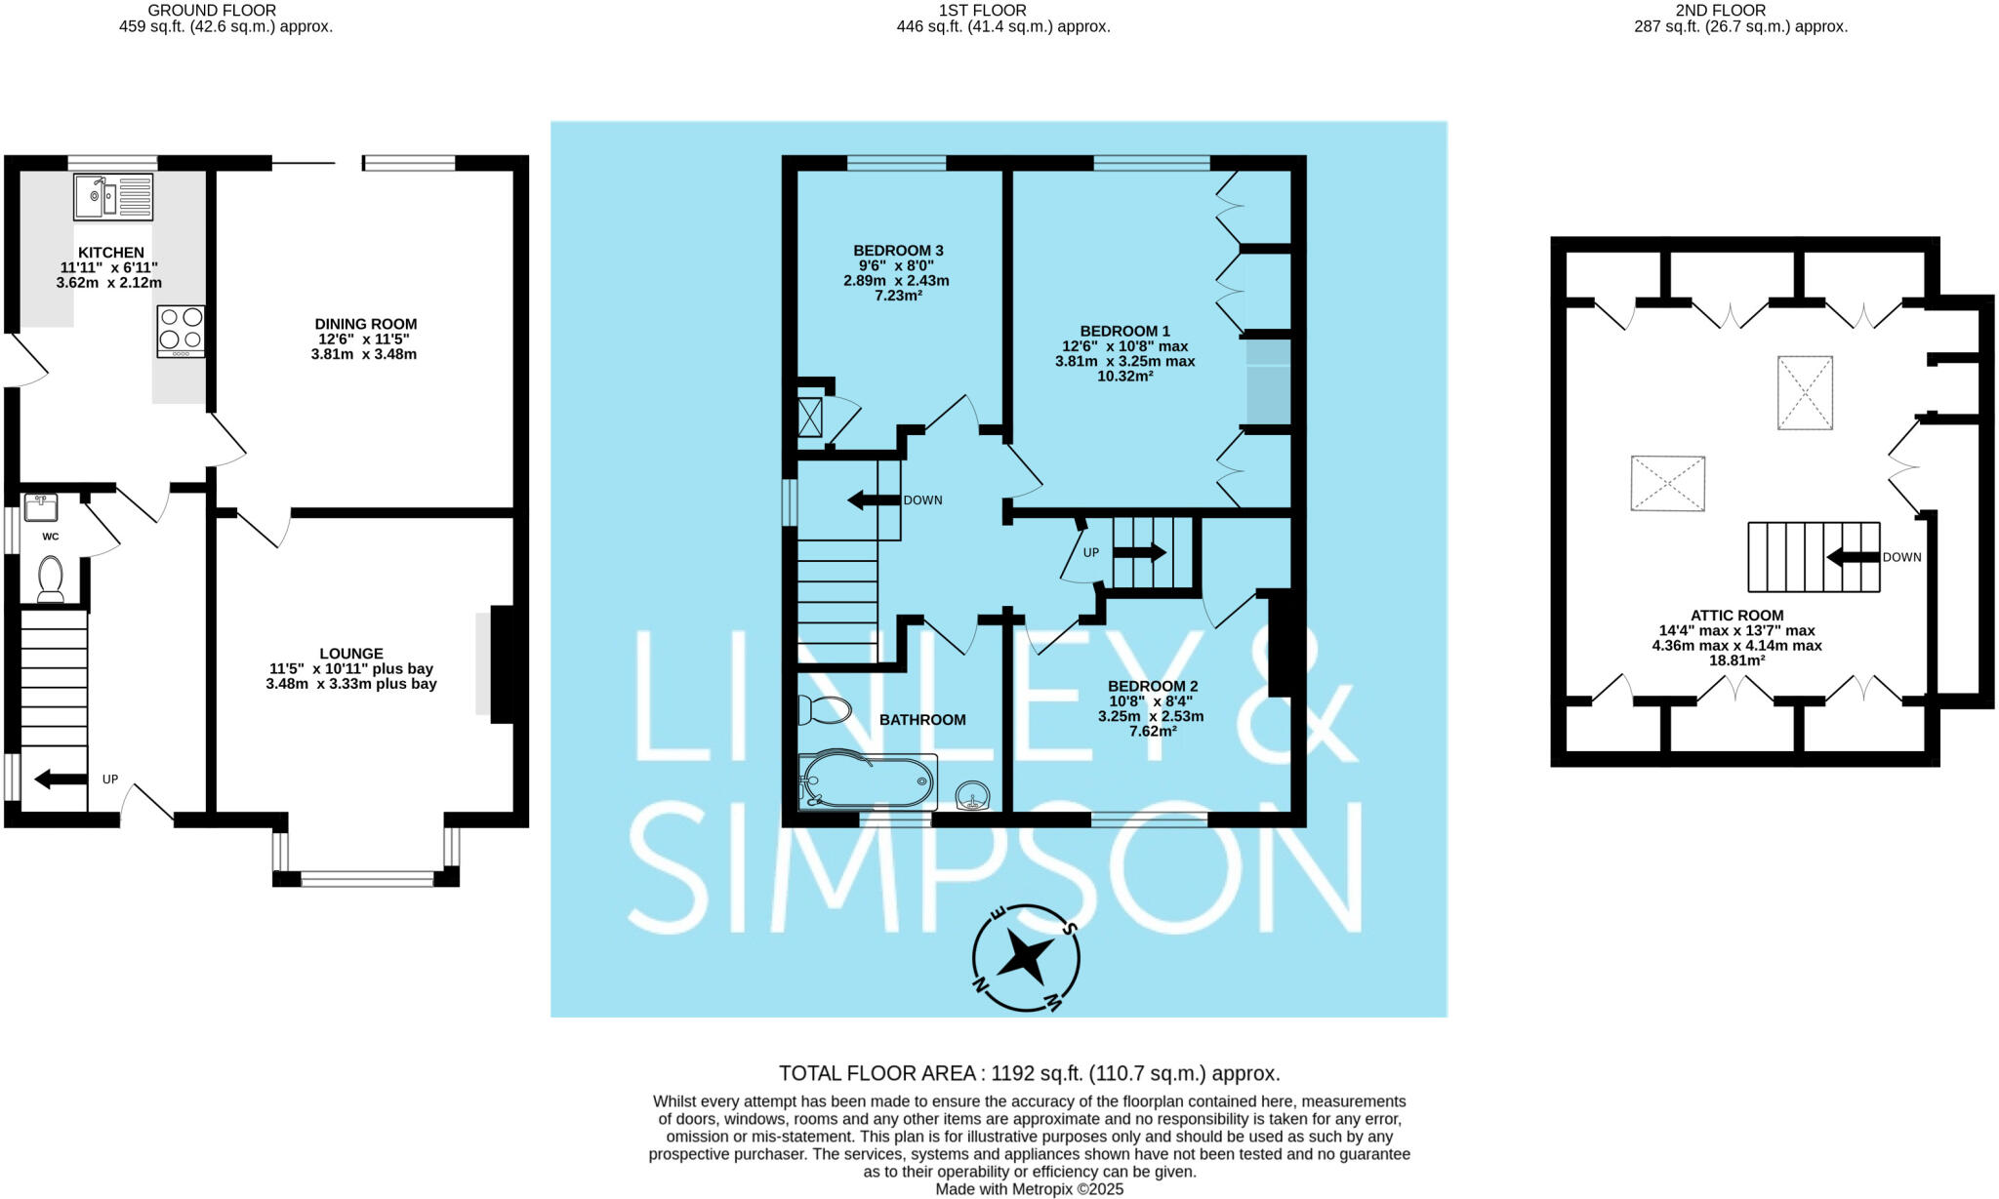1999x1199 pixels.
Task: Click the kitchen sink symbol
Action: (x=113, y=196)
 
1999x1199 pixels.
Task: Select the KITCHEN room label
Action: (x=111, y=253)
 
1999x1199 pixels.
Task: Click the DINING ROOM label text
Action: (x=365, y=324)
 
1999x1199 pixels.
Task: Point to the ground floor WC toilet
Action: (x=51, y=579)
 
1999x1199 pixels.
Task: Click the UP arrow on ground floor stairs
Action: (x=60, y=779)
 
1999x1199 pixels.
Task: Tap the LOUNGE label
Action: (x=351, y=654)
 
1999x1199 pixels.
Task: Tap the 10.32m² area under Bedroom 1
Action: (x=1125, y=376)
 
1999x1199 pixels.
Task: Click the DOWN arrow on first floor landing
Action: (x=874, y=500)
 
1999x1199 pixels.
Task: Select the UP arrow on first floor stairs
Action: (x=1139, y=552)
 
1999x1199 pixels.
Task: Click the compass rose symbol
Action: (x=1026, y=957)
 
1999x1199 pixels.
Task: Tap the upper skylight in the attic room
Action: (x=1804, y=392)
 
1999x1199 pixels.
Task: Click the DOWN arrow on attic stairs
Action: (x=1853, y=558)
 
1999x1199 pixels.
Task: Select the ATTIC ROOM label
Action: (x=1736, y=616)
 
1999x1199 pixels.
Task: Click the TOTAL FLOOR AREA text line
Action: (x=1029, y=1073)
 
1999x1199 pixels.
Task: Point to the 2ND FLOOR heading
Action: (x=1740, y=10)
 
